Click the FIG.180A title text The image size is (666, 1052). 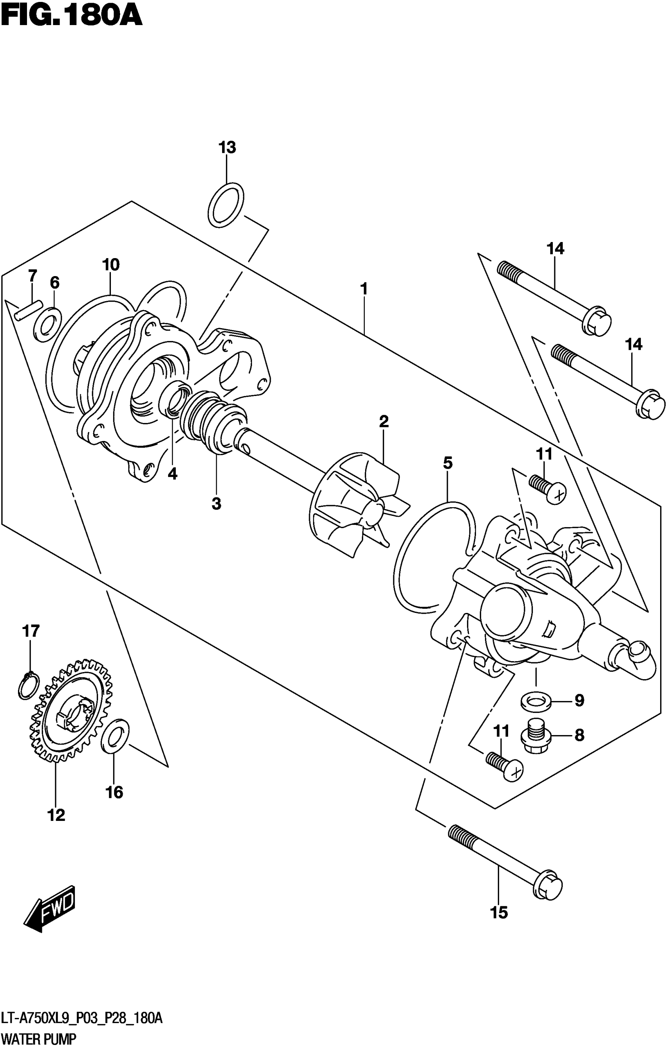[71, 16]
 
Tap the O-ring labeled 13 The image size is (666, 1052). [226, 205]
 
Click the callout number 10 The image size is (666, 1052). [110, 265]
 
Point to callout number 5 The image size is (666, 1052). [447, 463]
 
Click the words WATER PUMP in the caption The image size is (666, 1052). [39, 1038]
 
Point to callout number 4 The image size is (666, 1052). [173, 474]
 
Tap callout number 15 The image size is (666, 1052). [499, 913]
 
